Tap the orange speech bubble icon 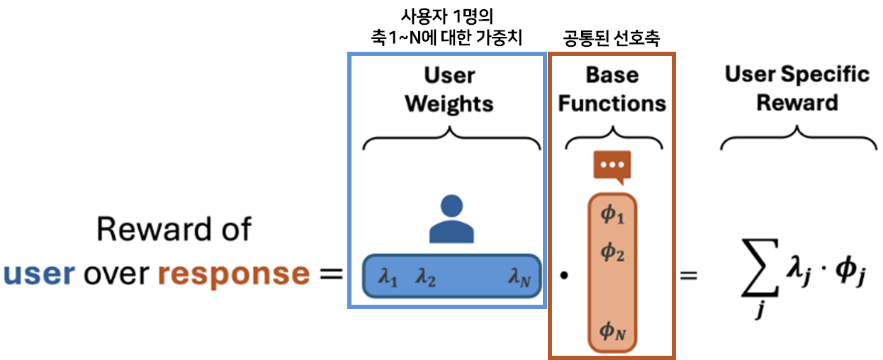pos(612,167)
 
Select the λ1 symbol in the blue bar pos(388,279)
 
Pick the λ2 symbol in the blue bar pos(425,279)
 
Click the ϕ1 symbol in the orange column pos(612,215)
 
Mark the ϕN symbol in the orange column pos(612,330)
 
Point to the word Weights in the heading pos(449,104)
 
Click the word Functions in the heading pos(612,104)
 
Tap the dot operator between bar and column pos(564,276)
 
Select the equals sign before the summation pos(688,275)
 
